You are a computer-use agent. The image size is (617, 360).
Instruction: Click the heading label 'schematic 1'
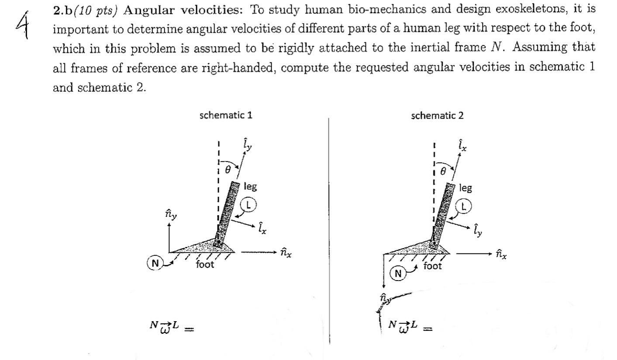point(226,116)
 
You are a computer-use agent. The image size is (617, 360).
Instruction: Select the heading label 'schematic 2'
point(438,116)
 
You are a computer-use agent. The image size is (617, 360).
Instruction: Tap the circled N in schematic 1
point(155,263)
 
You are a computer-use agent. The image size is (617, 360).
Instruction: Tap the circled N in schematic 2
point(398,274)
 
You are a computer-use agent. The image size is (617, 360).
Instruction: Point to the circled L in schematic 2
point(464,206)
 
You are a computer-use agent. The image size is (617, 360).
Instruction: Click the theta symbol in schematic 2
point(443,172)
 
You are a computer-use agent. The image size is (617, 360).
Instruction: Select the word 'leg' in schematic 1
point(250,187)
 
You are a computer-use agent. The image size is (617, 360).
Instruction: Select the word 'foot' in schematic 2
point(432,266)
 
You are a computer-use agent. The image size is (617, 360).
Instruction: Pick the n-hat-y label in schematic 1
point(171,214)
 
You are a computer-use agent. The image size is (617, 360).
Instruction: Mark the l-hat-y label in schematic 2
point(478,230)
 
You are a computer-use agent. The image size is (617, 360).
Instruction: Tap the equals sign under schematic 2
point(427,329)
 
